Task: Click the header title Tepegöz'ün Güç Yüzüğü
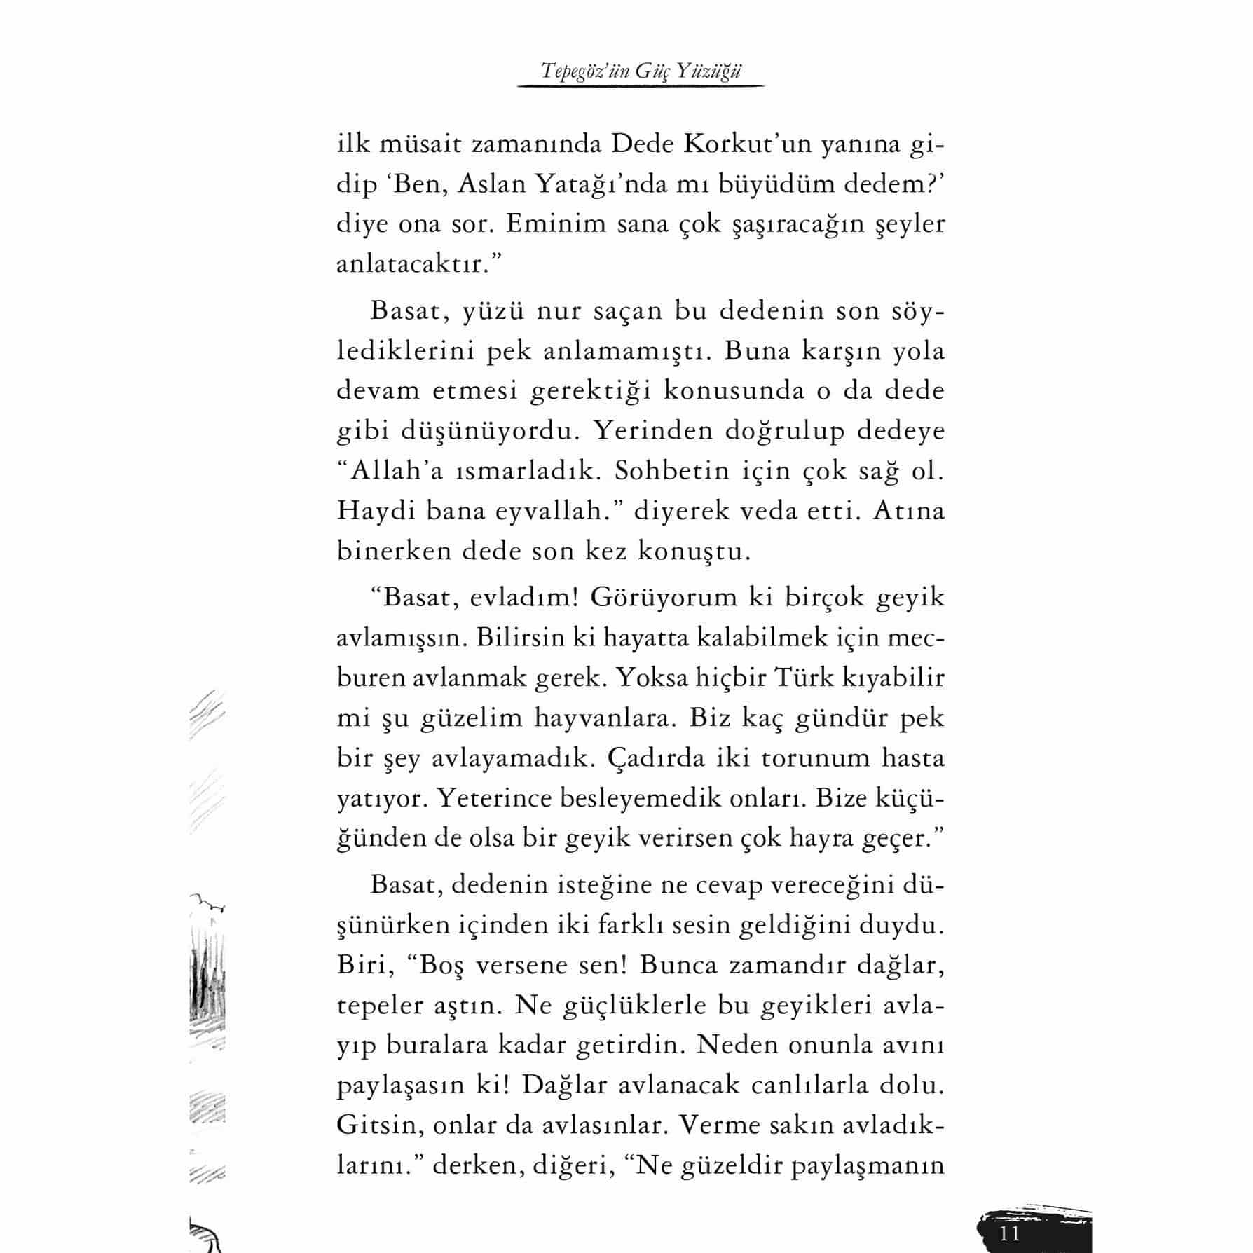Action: tap(641, 71)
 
